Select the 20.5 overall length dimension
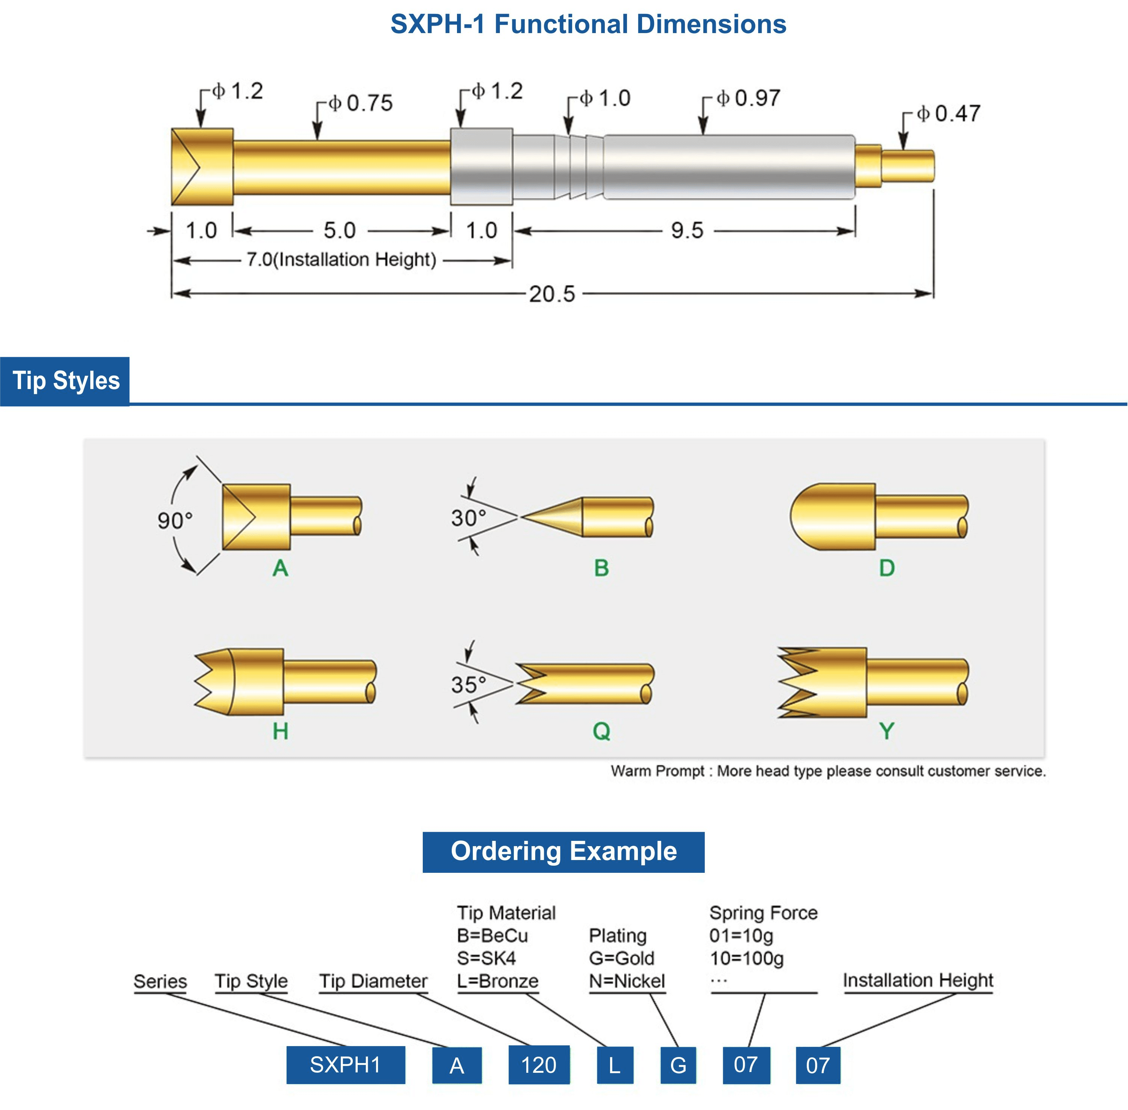[x=552, y=294]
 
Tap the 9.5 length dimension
[x=687, y=230]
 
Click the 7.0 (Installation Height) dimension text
[x=341, y=259]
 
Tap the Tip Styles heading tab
[x=65, y=381]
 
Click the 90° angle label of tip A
[x=175, y=520]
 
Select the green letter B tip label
[x=601, y=568]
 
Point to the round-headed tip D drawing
[x=878, y=516]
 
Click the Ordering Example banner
[x=563, y=852]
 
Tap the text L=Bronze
[x=498, y=981]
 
